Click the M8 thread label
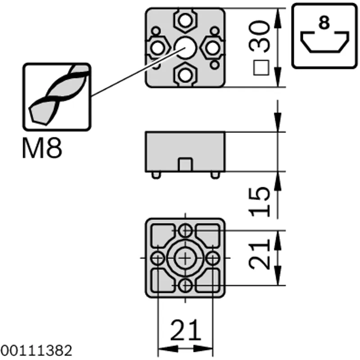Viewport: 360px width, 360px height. [x=42, y=148]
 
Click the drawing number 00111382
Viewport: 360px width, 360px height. [x=36, y=351]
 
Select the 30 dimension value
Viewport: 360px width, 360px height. [x=259, y=36]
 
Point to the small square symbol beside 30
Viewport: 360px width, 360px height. [x=261, y=68]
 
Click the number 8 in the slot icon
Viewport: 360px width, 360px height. [x=324, y=22]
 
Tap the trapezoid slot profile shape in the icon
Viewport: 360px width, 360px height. [x=324, y=42]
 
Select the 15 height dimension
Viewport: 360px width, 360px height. [x=260, y=202]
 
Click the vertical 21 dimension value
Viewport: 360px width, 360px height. [x=260, y=254]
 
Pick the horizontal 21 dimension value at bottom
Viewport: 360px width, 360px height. [x=185, y=330]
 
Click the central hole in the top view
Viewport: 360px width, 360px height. [x=185, y=48]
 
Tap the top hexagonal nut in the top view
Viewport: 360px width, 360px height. [x=185, y=21]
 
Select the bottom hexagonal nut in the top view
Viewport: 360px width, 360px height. [x=185, y=75]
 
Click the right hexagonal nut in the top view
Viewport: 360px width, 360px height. [x=212, y=48]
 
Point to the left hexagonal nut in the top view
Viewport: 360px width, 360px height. [x=158, y=48]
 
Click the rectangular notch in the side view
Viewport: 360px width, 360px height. [x=185, y=164]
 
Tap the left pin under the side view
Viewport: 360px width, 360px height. [x=156, y=175]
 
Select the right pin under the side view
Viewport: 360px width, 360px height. [x=215, y=175]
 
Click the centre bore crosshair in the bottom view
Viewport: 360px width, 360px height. [x=185, y=258]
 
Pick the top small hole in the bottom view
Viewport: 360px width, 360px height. [x=185, y=230]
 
